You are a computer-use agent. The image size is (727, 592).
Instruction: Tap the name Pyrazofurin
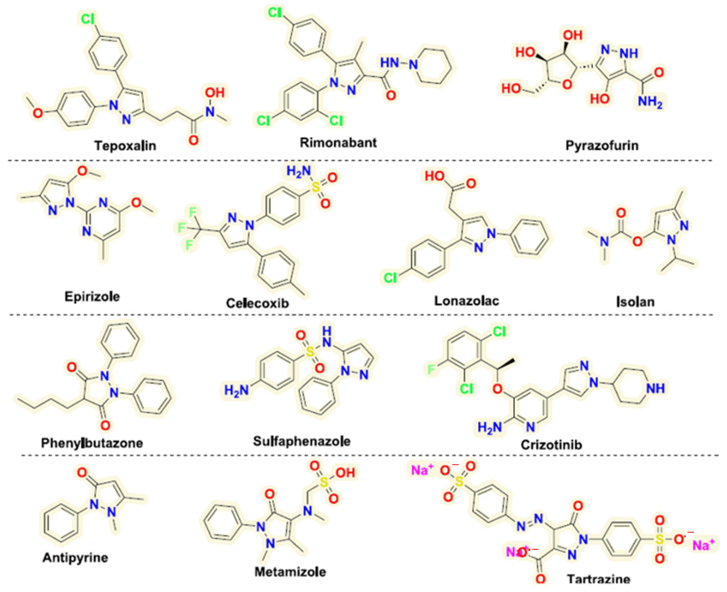(x=602, y=146)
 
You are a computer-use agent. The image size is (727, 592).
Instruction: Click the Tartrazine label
(x=598, y=579)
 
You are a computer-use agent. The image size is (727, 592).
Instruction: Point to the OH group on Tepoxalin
(x=215, y=92)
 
